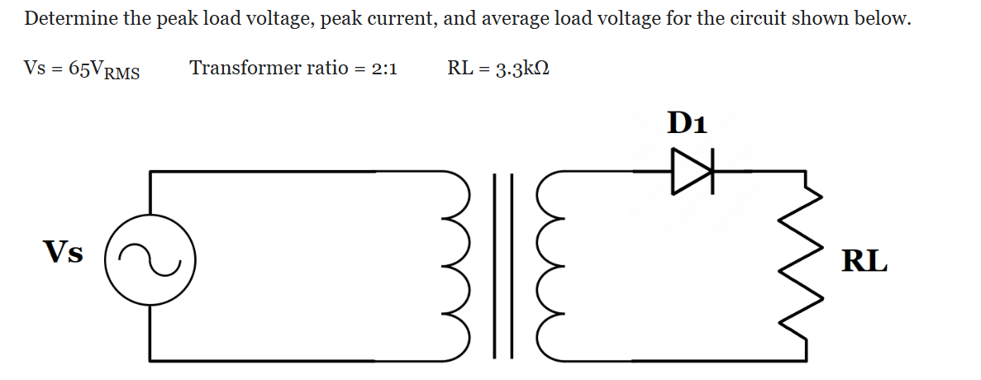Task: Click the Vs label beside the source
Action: pyautogui.click(x=64, y=252)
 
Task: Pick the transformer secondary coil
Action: pyautogui.click(x=549, y=265)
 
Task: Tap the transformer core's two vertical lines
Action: pyautogui.click(x=502, y=265)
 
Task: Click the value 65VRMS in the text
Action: pyautogui.click(x=104, y=69)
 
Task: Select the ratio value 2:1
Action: pyautogui.click(x=383, y=69)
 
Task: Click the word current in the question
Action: pyautogui.click(x=398, y=19)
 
